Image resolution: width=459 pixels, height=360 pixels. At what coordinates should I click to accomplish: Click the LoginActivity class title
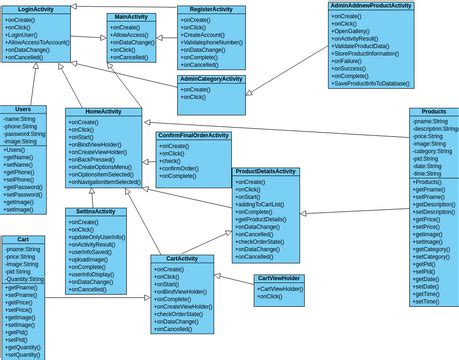coord(36,9)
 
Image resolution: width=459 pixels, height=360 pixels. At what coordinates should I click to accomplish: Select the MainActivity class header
coord(131,17)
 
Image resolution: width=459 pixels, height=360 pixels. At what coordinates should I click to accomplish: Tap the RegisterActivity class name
coord(211,9)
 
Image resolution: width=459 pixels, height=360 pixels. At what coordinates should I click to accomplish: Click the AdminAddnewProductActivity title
coord(371,6)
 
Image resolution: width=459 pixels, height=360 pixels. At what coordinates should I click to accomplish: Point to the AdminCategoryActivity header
coord(211,78)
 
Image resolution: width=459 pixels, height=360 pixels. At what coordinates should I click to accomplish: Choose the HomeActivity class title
coord(103,112)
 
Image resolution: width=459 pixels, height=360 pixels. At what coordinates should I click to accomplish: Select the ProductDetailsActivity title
coord(266,172)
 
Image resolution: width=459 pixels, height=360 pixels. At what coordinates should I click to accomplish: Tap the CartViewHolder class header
coord(279,278)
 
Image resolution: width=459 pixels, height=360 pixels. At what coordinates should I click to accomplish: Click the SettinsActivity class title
coord(95,211)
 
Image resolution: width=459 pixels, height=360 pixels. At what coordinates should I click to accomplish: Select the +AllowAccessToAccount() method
coord(37,43)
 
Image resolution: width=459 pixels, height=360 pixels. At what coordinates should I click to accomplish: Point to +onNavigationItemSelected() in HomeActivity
coord(104,182)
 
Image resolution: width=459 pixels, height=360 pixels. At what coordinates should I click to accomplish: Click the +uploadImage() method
coord(89,260)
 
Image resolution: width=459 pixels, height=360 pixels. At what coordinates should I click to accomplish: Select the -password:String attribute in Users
coord(24,133)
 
